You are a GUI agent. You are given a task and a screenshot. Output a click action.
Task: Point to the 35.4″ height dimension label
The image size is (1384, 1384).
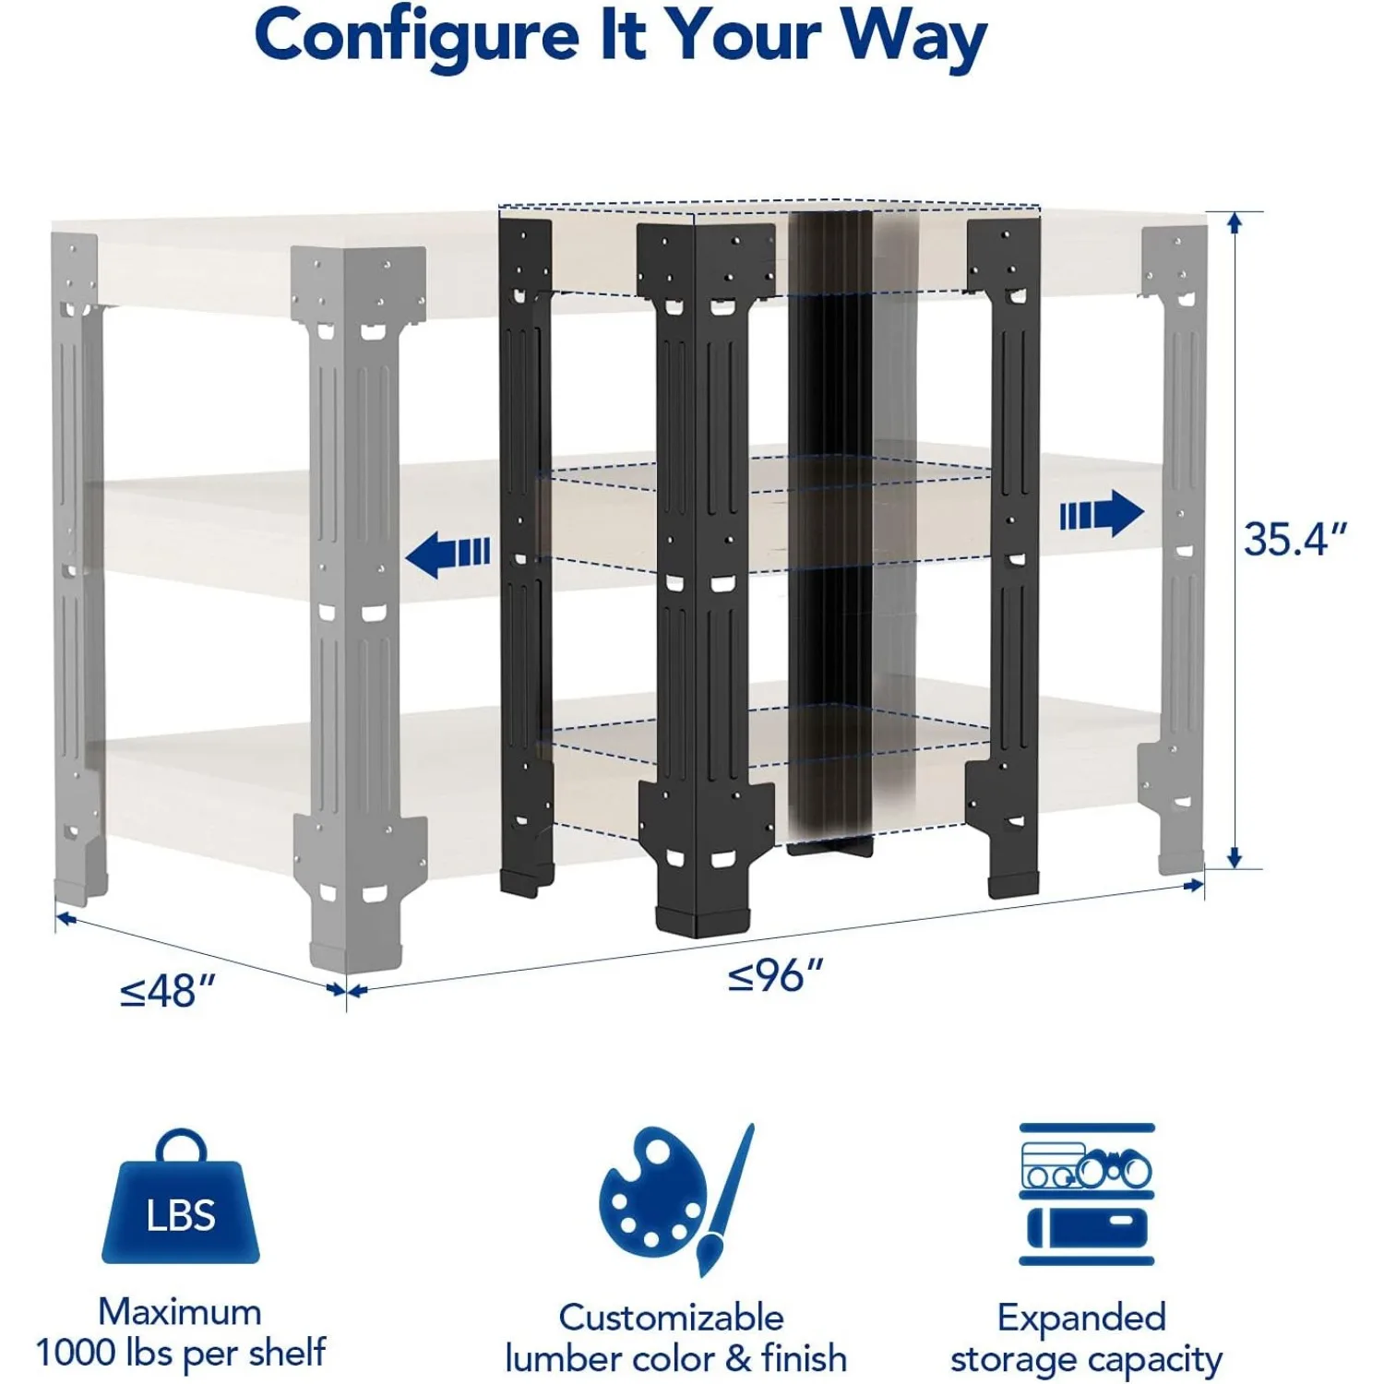(x=1295, y=539)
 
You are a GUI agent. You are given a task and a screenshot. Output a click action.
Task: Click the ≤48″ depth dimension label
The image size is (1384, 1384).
(x=168, y=992)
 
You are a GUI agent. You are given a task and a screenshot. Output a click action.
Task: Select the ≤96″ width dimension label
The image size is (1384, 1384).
(x=776, y=975)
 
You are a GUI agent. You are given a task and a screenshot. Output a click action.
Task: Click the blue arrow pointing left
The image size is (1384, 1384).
(x=448, y=555)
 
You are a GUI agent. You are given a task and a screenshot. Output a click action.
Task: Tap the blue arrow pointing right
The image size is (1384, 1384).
(x=1102, y=513)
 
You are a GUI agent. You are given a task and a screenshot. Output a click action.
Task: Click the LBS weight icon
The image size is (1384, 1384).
(x=181, y=1196)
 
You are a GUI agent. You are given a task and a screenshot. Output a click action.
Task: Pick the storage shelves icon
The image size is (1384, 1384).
(x=1087, y=1194)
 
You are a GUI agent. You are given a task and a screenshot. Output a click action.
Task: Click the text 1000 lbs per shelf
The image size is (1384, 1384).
(x=181, y=1353)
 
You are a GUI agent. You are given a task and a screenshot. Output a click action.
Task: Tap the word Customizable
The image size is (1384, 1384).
(x=671, y=1317)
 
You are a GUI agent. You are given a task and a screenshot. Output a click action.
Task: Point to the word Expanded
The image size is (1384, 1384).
(x=1081, y=1318)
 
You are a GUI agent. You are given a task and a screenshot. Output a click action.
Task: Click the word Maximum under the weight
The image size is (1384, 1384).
(x=180, y=1311)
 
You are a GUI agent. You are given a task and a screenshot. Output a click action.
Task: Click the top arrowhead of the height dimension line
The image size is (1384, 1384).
(x=1235, y=221)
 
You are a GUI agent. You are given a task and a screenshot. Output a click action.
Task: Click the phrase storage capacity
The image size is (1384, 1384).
(x=1086, y=1359)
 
